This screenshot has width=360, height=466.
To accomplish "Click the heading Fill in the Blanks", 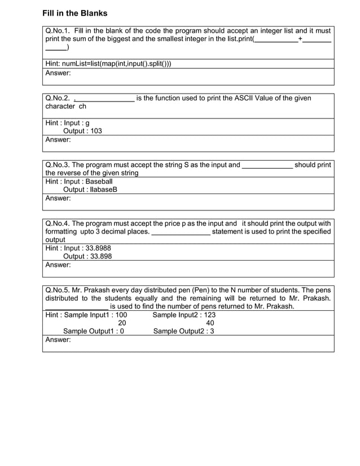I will click(74, 13).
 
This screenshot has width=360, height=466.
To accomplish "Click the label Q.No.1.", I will click(58, 30).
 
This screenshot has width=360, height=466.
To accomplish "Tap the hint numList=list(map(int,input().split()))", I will click(108, 63).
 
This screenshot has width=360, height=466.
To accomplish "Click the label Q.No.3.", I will click(58, 165).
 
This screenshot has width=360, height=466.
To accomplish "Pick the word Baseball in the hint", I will click(99, 182).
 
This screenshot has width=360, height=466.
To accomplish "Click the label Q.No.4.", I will click(58, 223).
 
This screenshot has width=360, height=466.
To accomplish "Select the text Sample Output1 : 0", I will click(94, 331).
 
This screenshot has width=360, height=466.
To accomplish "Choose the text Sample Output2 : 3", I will click(183, 331).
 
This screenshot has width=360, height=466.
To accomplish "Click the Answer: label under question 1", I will click(58, 73).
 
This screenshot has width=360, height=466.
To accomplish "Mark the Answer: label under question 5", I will click(58, 340).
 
